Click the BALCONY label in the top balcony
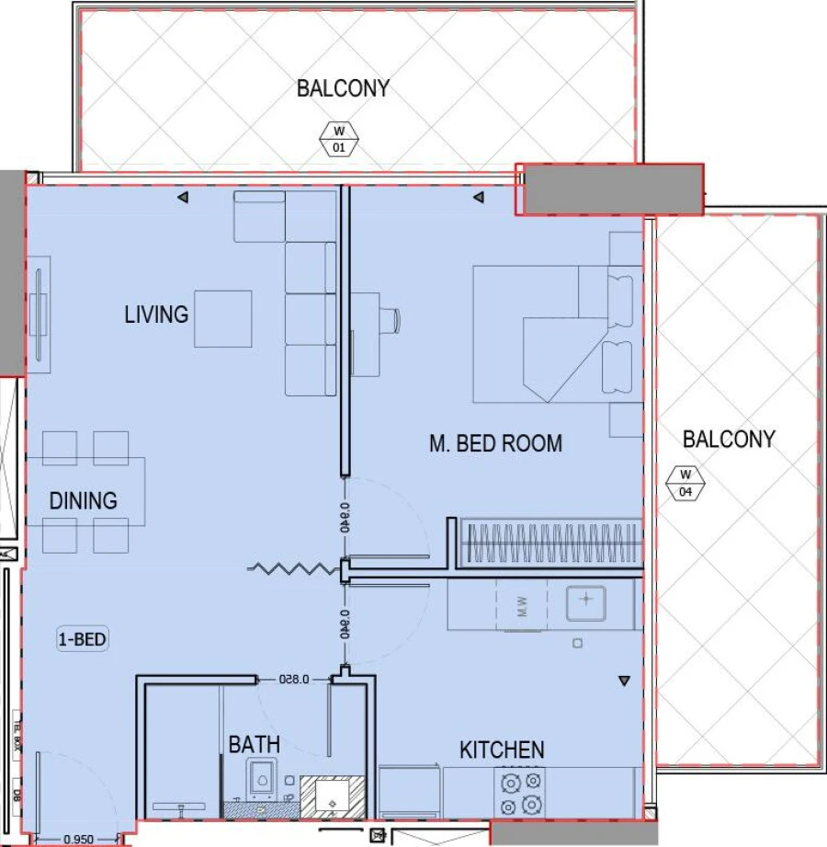click(343, 88)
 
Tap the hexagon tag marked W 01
click(339, 139)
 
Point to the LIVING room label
click(156, 315)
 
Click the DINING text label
click(84, 501)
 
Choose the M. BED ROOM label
click(495, 443)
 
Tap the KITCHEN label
click(502, 750)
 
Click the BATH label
click(255, 744)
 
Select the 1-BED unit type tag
click(83, 638)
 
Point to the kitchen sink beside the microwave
click(585, 602)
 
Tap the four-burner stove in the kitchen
click(520, 793)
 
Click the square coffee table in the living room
click(222, 318)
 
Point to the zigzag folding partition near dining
click(293, 570)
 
